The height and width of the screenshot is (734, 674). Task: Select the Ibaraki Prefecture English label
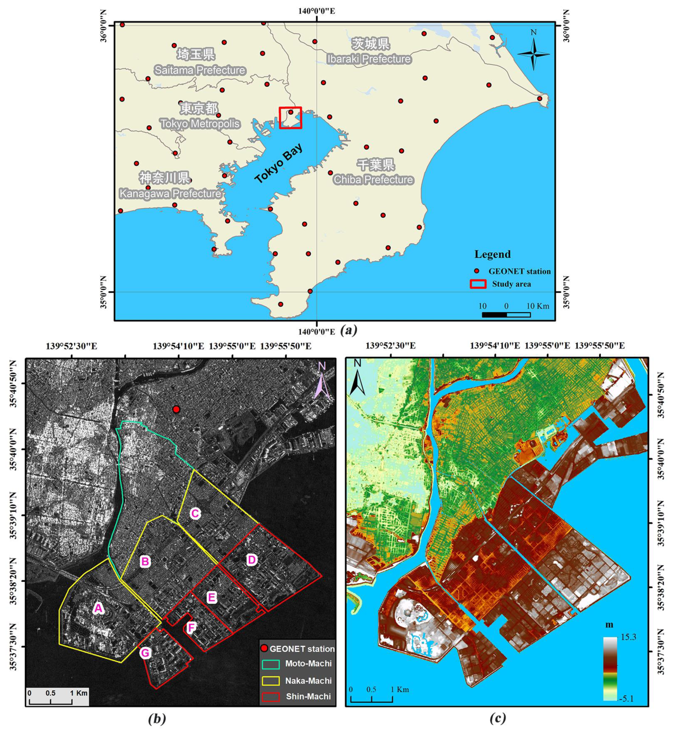click(369, 59)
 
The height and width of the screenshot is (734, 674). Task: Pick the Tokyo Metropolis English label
click(200, 124)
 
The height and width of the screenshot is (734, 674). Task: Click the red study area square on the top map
click(290, 117)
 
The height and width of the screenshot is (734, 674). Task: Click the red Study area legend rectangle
click(478, 284)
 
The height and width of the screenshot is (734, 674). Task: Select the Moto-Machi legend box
click(271, 664)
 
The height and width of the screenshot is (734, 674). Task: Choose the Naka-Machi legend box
click(271, 681)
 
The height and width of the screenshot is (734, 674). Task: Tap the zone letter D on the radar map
click(252, 560)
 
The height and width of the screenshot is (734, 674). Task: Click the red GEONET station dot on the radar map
click(176, 409)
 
